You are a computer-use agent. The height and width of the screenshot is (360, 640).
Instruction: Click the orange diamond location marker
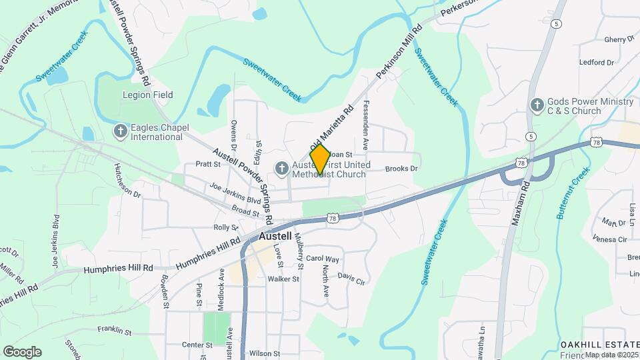tap(320, 159)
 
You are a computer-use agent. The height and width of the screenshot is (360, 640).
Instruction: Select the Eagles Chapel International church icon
tap(120, 131)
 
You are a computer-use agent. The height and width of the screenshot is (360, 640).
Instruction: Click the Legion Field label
tap(147, 95)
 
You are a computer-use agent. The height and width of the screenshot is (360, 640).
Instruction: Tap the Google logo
tap(22, 352)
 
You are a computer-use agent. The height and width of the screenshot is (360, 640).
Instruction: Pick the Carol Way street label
tap(323, 259)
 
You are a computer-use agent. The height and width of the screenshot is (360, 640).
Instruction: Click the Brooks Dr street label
tap(401, 169)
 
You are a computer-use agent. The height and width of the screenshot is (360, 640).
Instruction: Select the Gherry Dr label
tap(619, 39)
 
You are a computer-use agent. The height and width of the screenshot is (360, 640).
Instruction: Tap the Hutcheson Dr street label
tap(127, 181)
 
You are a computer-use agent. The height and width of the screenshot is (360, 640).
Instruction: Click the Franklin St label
tap(114, 331)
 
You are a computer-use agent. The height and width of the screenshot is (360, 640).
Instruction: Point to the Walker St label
tap(283, 279)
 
